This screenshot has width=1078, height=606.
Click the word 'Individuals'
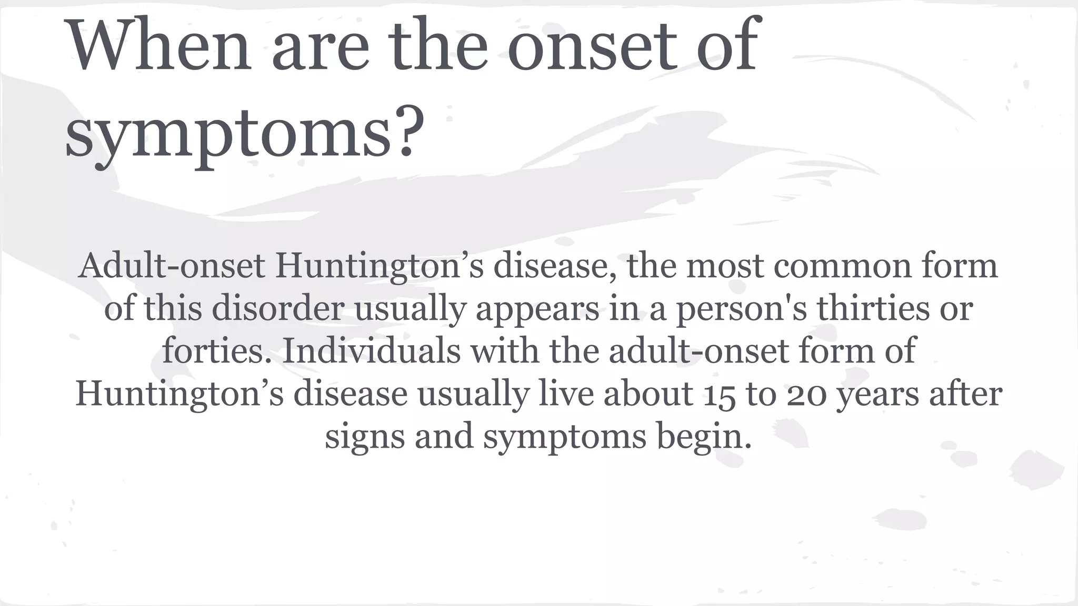pos(372,351)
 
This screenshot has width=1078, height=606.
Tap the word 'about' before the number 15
pos(648,394)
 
